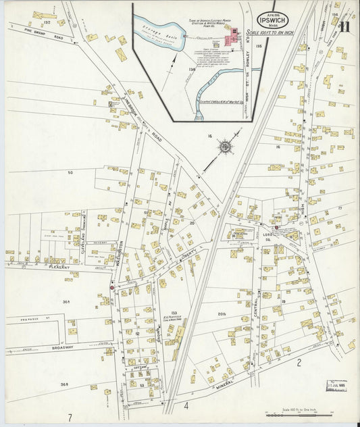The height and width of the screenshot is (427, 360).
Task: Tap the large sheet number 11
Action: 344,28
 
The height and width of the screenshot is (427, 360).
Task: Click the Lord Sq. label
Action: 265,230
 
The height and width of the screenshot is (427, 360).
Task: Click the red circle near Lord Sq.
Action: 277,228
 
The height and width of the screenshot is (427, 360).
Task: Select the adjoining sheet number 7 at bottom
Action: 69,416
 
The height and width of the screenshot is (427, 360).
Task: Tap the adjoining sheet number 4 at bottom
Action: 184,407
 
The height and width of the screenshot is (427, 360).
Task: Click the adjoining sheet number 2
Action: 298,363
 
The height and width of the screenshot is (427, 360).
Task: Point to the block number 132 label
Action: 47,22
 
